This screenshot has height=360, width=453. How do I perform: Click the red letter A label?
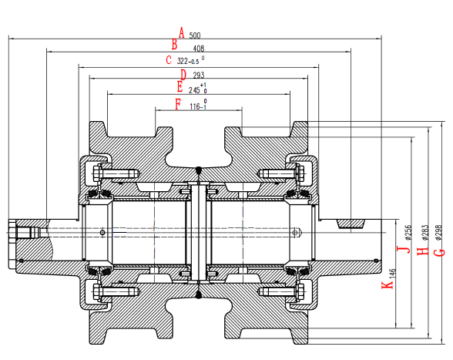click(x=182, y=32)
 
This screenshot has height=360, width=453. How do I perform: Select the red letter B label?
click(x=175, y=45)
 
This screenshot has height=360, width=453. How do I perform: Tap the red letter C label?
click(x=169, y=60)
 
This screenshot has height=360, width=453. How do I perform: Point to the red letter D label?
click(x=183, y=75)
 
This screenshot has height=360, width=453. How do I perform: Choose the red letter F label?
click(x=178, y=104)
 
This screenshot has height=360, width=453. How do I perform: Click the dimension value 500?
click(x=195, y=35)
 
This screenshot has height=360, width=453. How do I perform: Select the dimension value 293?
click(x=198, y=76)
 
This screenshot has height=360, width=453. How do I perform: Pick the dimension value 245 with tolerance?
click(x=197, y=89)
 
